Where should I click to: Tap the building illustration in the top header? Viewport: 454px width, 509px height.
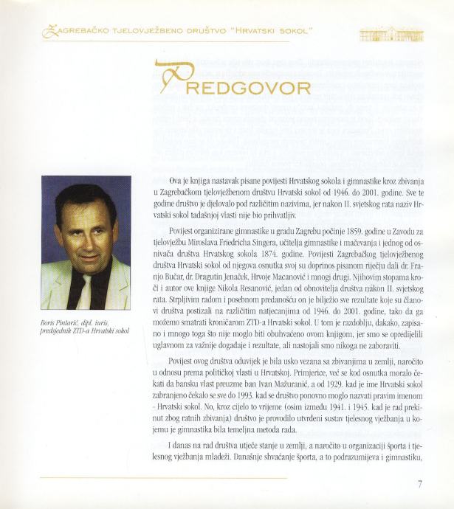tap(391, 34)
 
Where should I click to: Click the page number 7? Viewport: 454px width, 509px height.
tap(419, 484)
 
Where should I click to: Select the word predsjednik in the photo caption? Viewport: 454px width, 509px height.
tap(60, 331)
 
